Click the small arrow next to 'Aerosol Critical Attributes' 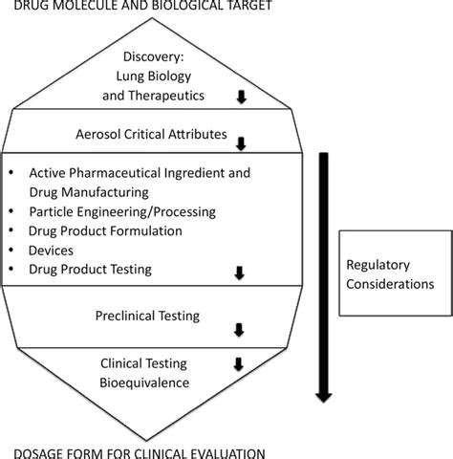pyautogui.click(x=240, y=143)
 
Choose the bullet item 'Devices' pyautogui.click(x=53, y=251)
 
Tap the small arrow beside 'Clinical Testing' pyautogui.click(x=239, y=364)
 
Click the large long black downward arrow pyautogui.click(x=324, y=277)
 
